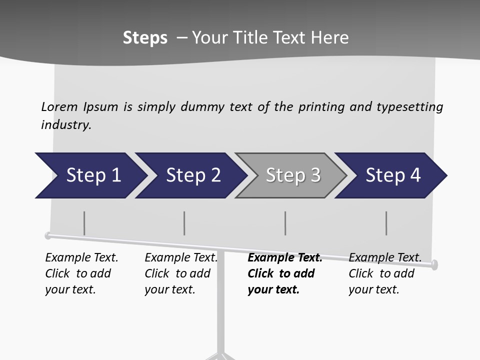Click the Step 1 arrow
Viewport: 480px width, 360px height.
[90, 175]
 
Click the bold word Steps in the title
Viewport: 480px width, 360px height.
[145, 38]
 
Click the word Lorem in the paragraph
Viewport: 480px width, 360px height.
[59, 107]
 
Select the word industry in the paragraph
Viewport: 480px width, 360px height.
[65, 125]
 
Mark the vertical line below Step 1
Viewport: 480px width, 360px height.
[84, 223]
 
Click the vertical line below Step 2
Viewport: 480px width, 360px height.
[184, 223]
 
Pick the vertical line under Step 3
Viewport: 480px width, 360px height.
[285, 223]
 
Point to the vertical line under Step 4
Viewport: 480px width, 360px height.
[386, 223]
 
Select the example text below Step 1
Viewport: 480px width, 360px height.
[81, 273]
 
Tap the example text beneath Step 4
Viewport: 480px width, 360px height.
[384, 273]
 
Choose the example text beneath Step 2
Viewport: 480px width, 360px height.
[180, 273]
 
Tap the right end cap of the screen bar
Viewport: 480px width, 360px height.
[434, 264]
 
